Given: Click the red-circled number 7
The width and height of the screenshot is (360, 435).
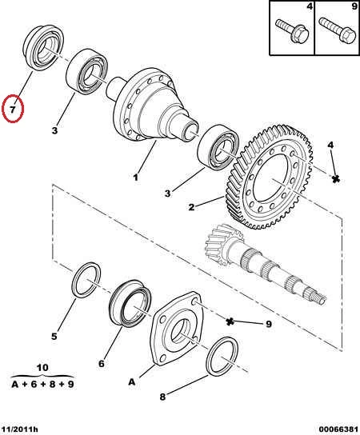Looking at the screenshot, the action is (x=13, y=109).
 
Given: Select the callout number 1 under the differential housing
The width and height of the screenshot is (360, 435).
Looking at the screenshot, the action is (x=135, y=178).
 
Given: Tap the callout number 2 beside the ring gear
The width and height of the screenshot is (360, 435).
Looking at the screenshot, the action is (x=191, y=207).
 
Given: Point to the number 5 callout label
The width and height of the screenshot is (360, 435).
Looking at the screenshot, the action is (x=54, y=336).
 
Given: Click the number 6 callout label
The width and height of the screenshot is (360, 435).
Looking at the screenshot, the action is (x=102, y=363).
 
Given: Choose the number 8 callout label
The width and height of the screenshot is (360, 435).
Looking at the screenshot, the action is (x=162, y=397).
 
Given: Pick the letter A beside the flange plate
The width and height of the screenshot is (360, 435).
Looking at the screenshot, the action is (x=131, y=382).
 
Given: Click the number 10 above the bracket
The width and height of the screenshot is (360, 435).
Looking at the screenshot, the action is (x=42, y=368).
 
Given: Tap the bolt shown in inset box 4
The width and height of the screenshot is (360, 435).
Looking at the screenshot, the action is (x=292, y=30).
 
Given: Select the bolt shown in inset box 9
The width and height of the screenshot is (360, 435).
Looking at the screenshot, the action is (x=338, y=30).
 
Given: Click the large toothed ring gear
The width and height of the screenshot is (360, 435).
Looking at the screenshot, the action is (x=270, y=178).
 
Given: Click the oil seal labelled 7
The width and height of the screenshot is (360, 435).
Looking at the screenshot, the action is (x=42, y=47).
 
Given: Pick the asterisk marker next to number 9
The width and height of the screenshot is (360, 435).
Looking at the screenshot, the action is (x=230, y=321).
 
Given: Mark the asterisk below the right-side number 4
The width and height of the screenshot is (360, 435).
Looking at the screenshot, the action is (x=336, y=179).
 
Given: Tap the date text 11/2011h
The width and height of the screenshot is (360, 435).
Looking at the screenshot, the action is (x=20, y=429).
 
